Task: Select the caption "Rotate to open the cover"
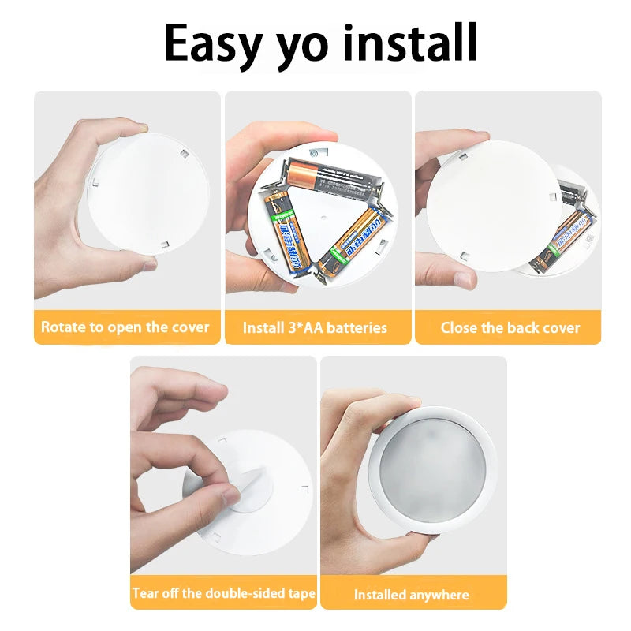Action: [x=125, y=327]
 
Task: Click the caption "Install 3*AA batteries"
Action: [x=315, y=327]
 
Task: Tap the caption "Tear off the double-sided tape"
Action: [x=224, y=593]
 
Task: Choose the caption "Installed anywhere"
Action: [x=411, y=595]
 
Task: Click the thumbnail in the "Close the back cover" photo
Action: [x=463, y=278]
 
